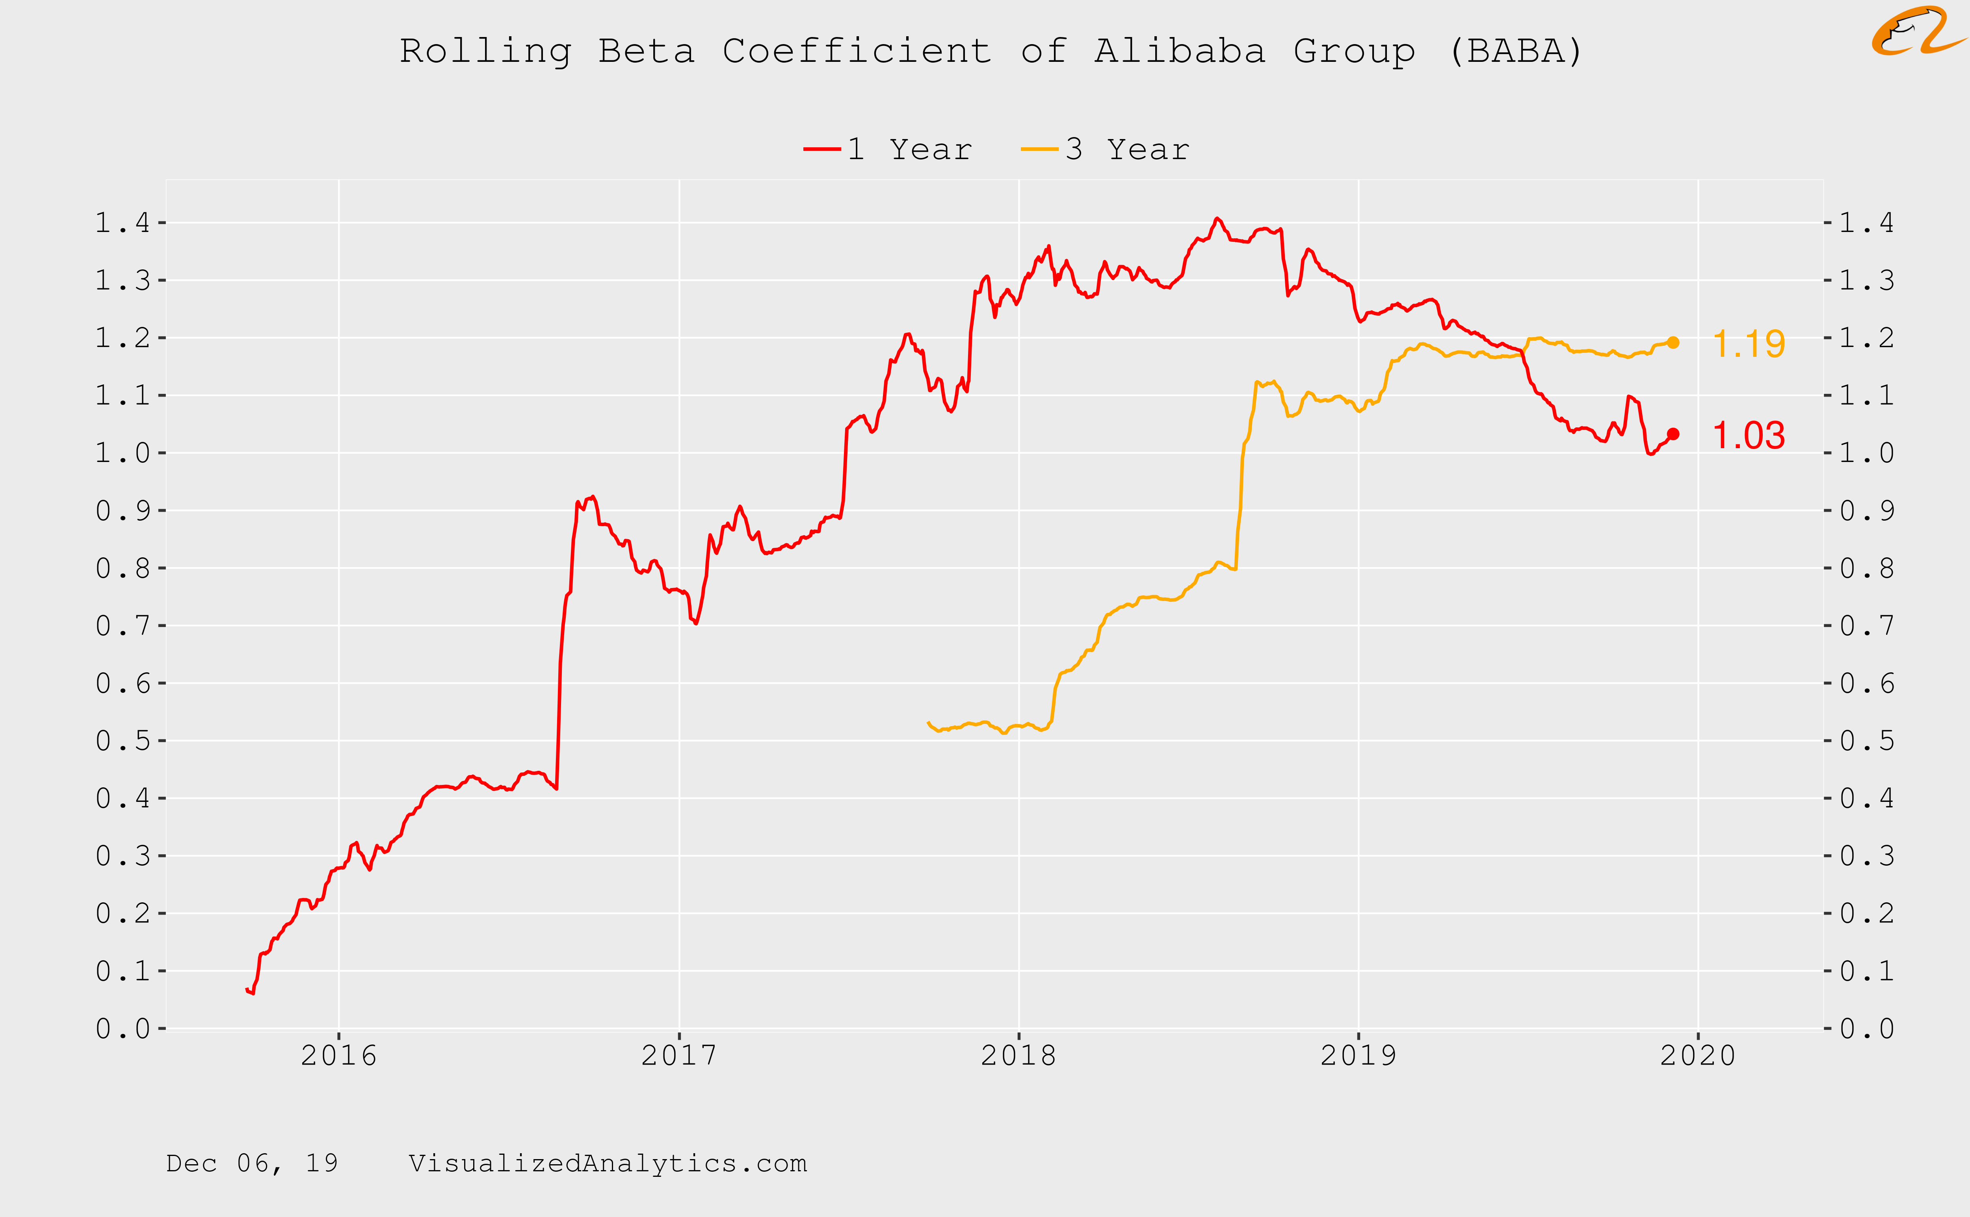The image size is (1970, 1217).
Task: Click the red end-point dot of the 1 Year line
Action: (x=1673, y=434)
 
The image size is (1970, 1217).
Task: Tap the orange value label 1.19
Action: (x=1749, y=345)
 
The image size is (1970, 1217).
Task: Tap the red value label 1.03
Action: (x=1749, y=436)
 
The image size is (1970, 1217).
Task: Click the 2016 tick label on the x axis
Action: (x=339, y=1055)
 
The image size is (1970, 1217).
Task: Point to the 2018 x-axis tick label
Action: (x=1018, y=1055)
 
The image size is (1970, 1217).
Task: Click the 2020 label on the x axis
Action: (x=1698, y=1055)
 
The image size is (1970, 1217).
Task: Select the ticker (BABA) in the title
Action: (x=1515, y=52)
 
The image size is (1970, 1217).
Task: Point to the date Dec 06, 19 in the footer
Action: (x=252, y=1163)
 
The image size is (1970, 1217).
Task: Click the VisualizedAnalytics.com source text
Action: (x=608, y=1163)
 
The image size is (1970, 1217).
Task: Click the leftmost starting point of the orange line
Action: (x=928, y=723)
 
